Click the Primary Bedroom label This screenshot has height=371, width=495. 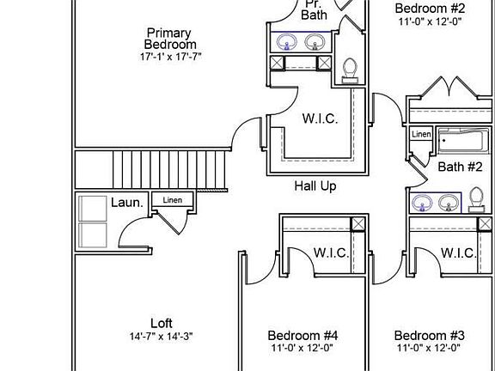(x=170, y=39)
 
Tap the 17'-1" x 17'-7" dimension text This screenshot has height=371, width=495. (x=170, y=57)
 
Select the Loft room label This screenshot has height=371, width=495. (x=162, y=324)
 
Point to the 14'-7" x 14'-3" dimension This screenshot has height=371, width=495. (x=161, y=337)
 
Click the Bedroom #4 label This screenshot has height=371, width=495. (x=302, y=335)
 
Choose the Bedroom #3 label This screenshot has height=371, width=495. (x=430, y=335)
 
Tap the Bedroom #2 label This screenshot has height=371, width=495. (x=430, y=9)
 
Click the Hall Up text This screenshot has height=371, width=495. (x=315, y=186)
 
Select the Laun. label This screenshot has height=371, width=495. (x=127, y=203)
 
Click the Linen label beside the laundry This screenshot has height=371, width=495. (x=173, y=200)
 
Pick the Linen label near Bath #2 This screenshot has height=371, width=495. (x=421, y=134)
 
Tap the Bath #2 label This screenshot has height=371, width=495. (x=461, y=167)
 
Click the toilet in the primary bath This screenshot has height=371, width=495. (x=350, y=70)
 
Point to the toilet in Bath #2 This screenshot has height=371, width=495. (x=476, y=199)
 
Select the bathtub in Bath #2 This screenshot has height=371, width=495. (x=462, y=141)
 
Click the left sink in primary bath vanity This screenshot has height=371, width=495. (x=287, y=42)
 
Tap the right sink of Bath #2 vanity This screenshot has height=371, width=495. (x=449, y=203)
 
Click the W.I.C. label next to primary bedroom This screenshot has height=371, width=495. (x=320, y=119)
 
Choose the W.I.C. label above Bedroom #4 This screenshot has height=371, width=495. (x=331, y=253)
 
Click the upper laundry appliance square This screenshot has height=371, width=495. (x=93, y=209)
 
